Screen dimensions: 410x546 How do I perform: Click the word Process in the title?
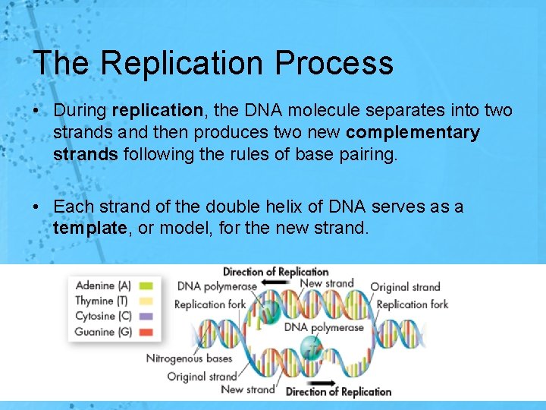334,63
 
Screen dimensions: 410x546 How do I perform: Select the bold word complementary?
413,133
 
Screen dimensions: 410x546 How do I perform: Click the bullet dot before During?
37,111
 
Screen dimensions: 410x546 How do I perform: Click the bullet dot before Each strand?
37,207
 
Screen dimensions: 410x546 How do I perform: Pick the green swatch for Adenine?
146,286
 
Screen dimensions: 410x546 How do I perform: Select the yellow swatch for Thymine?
146,301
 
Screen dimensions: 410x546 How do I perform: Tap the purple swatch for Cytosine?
146,317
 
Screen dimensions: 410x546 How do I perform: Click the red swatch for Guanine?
146,332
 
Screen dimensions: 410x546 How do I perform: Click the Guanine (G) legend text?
103,332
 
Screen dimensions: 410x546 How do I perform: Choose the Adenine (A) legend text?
103,286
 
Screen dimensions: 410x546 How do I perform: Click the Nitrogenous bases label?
189,358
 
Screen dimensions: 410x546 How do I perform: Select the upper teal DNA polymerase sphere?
271,313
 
